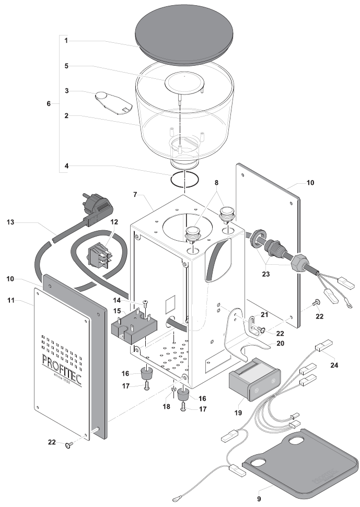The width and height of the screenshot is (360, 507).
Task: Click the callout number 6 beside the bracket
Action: pos(49,104)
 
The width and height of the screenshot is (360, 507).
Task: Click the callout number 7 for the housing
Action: pos(136,194)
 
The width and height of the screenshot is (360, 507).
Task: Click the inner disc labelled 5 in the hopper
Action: pos(183,82)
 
